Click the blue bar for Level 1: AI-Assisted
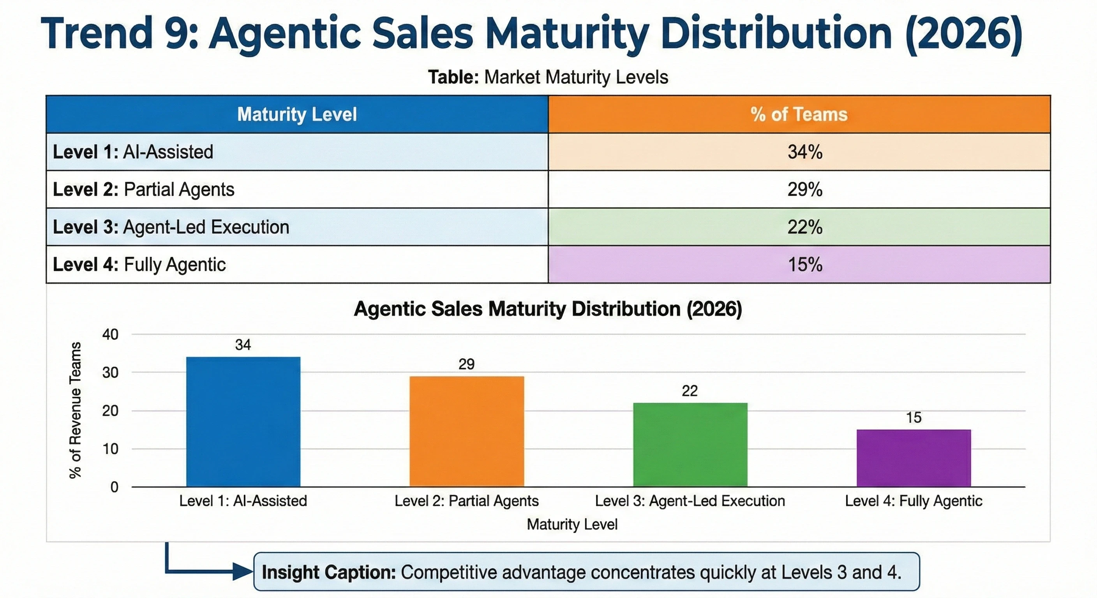pyautogui.click(x=243, y=421)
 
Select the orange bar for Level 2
pyautogui.click(x=467, y=431)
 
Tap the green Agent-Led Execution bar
pyautogui.click(x=690, y=444)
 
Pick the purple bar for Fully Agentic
pyautogui.click(x=914, y=458)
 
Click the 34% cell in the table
pyautogui.click(x=804, y=152)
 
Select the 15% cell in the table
pyautogui.click(x=804, y=264)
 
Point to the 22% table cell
pyautogui.click(x=804, y=227)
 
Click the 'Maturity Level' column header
pyautogui.click(x=297, y=114)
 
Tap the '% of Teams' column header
pyautogui.click(x=799, y=114)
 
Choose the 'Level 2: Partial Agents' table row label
pyautogui.click(x=143, y=189)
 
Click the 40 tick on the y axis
pyautogui.click(x=110, y=334)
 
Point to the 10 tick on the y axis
pyautogui.click(x=110, y=448)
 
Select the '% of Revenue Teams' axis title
pyautogui.click(x=75, y=410)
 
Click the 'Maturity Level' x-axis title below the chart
pyautogui.click(x=572, y=524)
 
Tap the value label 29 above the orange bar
pyautogui.click(x=466, y=364)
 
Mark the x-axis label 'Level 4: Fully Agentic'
pyautogui.click(x=914, y=501)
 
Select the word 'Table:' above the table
pyautogui.click(x=453, y=77)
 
